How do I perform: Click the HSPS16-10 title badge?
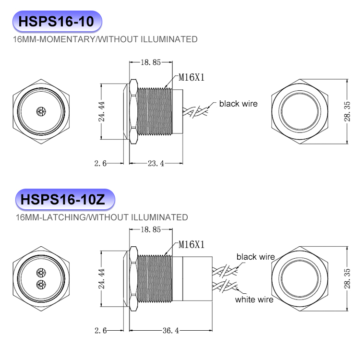coord(57,22)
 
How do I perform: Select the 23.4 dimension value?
coord(156,163)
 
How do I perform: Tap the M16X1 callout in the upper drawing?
coord(192,77)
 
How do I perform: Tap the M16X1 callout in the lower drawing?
coord(192,245)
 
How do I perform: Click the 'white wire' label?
coord(254,300)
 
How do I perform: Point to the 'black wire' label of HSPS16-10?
coord(238,104)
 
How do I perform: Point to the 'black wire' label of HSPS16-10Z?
coord(255,257)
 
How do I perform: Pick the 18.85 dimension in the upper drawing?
coord(150,62)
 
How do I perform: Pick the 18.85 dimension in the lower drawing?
coord(150,229)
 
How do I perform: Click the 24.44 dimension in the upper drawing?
coord(102,111)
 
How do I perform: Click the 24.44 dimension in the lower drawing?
coord(102,279)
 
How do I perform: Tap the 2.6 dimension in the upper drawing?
coord(100,163)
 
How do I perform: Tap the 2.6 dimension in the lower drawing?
coord(100,331)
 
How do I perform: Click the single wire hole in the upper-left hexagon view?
coord(40,111)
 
